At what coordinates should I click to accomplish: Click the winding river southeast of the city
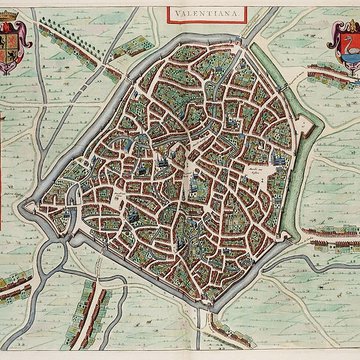point(300,290)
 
